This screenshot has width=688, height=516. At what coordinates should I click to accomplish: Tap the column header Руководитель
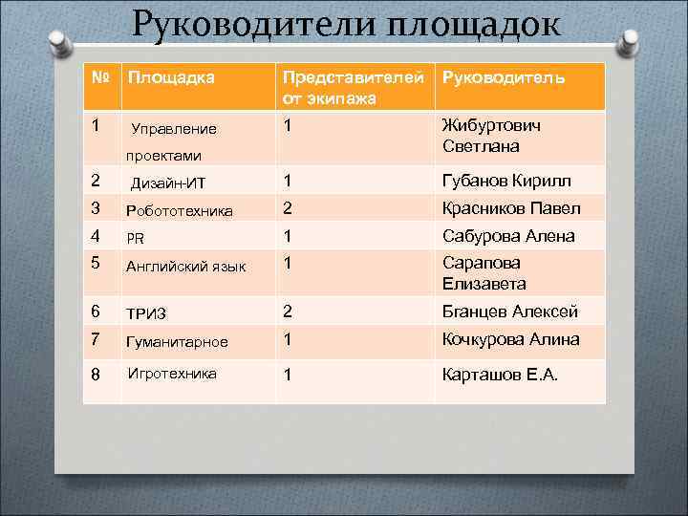point(503,77)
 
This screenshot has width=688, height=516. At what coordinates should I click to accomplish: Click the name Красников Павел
point(510,208)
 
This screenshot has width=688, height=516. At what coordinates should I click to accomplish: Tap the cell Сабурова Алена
point(507,236)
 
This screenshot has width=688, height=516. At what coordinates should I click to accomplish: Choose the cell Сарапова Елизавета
point(484,272)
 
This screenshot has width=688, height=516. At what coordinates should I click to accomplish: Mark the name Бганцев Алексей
point(509,312)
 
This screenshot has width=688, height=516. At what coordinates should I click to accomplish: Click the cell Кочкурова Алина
point(510,339)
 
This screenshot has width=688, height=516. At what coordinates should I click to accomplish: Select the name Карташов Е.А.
point(500,375)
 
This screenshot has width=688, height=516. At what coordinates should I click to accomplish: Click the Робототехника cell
point(180,210)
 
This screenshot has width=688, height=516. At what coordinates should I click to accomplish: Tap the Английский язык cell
point(186,266)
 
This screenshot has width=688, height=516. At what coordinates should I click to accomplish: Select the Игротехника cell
point(172,374)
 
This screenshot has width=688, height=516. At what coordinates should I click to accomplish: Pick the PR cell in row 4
point(135,238)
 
